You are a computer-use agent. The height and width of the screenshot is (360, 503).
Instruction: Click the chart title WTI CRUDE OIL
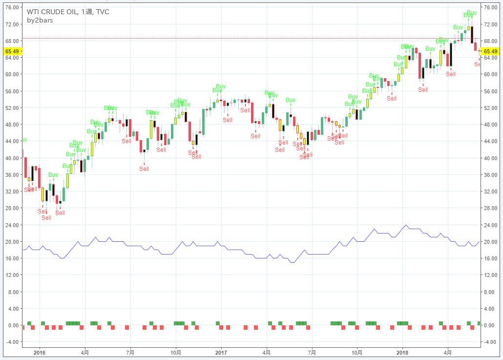(52, 12)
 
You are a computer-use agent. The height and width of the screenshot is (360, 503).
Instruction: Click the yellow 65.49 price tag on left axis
(11, 51)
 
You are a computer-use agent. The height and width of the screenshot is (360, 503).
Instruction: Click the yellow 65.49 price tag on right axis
(490, 51)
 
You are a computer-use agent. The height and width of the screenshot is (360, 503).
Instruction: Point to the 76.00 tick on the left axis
(12, 7)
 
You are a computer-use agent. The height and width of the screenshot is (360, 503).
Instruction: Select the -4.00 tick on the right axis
(489, 342)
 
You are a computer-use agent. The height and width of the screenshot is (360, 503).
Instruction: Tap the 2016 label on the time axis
(40, 352)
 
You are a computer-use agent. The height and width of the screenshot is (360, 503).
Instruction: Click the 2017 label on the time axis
(221, 352)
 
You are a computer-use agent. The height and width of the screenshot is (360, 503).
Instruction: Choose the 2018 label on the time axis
(402, 352)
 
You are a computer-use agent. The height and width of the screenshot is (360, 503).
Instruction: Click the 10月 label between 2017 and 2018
(357, 352)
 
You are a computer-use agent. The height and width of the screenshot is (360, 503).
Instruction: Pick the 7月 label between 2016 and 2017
(130, 352)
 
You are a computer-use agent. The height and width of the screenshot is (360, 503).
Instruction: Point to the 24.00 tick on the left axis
(12, 225)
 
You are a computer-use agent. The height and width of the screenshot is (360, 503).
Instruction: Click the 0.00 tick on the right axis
(489, 325)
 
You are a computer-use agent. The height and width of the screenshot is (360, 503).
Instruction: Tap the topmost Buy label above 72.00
(472, 13)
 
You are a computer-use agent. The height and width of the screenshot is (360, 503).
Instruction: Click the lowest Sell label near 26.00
(46, 218)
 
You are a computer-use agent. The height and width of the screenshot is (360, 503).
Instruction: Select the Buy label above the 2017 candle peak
(221, 86)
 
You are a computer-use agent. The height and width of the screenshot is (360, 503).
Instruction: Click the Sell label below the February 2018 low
(423, 90)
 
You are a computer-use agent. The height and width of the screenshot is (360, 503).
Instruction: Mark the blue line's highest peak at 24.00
(406, 225)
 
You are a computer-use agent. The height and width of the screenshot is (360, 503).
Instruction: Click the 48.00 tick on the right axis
(489, 125)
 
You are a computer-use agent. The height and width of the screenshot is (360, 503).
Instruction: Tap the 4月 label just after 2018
(448, 352)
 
